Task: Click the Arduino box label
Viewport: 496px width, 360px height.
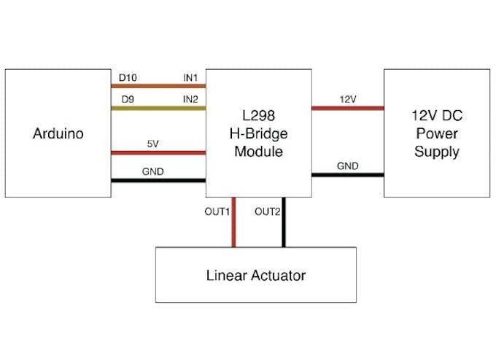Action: (58, 134)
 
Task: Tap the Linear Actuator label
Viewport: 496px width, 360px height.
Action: (255, 275)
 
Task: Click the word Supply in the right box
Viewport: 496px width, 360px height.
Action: (437, 152)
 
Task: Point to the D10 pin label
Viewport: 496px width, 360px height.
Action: (127, 77)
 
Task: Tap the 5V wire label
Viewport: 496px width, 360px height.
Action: (152, 144)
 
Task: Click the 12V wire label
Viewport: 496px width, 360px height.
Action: (347, 98)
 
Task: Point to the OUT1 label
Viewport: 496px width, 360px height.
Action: (217, 212)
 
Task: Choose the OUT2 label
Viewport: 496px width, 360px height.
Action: (267, 212)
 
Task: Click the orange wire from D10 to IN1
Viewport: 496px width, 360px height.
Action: (158, 87)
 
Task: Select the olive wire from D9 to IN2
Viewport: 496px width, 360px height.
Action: (158, 109)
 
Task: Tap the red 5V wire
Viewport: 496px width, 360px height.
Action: (158, 153)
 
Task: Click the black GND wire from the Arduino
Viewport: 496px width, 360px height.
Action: (158, 181)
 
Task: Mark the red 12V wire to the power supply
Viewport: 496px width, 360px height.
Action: (347, 109)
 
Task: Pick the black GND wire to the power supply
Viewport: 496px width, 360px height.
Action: (347, 175)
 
